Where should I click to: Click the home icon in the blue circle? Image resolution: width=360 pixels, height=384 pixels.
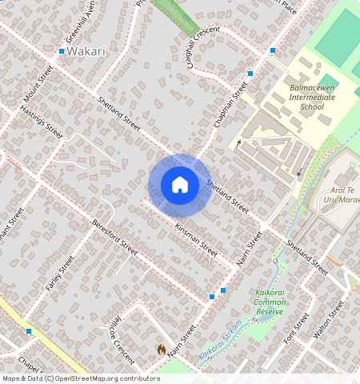point(180,185)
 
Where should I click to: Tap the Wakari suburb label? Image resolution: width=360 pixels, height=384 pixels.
point(86,51)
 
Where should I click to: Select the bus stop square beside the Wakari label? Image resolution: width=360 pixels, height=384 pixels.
point(62,51)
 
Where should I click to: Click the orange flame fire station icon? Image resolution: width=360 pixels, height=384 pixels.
point(162,350)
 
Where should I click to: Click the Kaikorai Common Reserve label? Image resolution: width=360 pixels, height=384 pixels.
point(270,302)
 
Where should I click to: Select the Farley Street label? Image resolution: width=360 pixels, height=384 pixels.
point(60,273)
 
